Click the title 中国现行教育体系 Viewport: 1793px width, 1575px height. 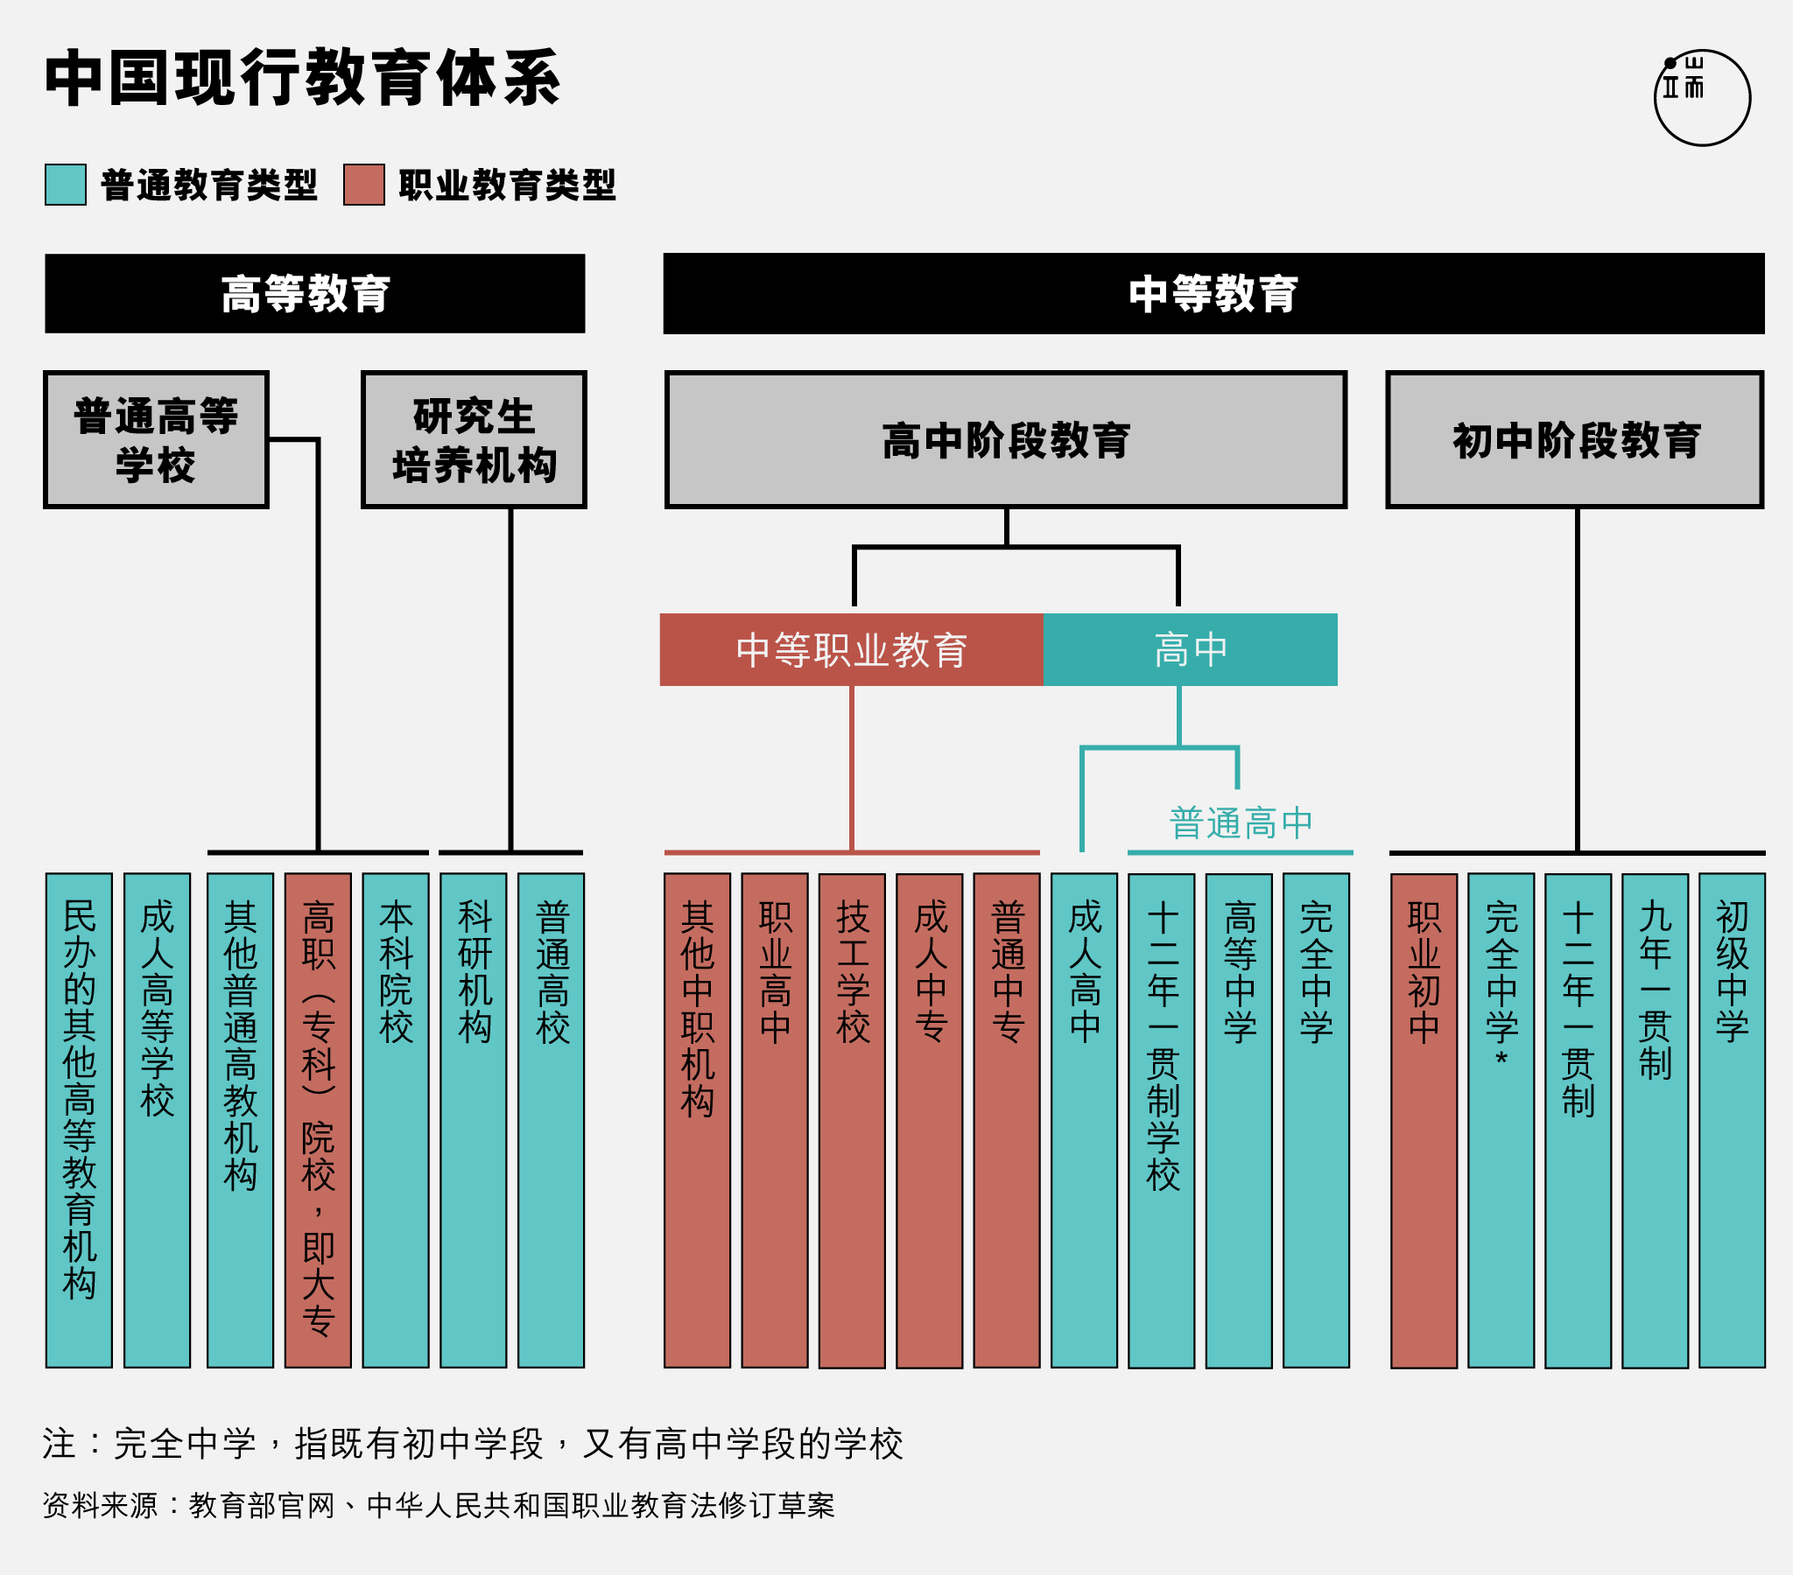303,78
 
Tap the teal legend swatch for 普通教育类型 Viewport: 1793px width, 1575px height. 66,184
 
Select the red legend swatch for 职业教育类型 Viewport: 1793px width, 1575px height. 364,184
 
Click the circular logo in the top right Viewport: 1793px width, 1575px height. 1702,97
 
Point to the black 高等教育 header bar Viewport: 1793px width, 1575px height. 315,294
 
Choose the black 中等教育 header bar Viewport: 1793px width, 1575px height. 1214,294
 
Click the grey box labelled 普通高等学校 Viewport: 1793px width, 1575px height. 156,439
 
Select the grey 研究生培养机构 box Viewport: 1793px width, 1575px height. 474,439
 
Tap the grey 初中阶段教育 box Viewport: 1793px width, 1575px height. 1575,439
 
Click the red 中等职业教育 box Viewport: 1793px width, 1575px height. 852,650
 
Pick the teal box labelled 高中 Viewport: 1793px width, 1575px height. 1191,650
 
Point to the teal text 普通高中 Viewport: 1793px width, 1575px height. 1241,823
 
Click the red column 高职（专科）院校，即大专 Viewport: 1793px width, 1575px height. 318,1120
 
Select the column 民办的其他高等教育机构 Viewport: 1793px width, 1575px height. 79,1120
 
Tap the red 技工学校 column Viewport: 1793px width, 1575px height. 852,1121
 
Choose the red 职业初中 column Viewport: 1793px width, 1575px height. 1424,1121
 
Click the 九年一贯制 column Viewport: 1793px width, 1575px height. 1656,1121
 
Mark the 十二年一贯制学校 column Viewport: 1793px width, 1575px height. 1162,1121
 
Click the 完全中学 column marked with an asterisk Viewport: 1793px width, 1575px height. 1501,1120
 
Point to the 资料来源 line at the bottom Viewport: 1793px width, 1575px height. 439,1506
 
